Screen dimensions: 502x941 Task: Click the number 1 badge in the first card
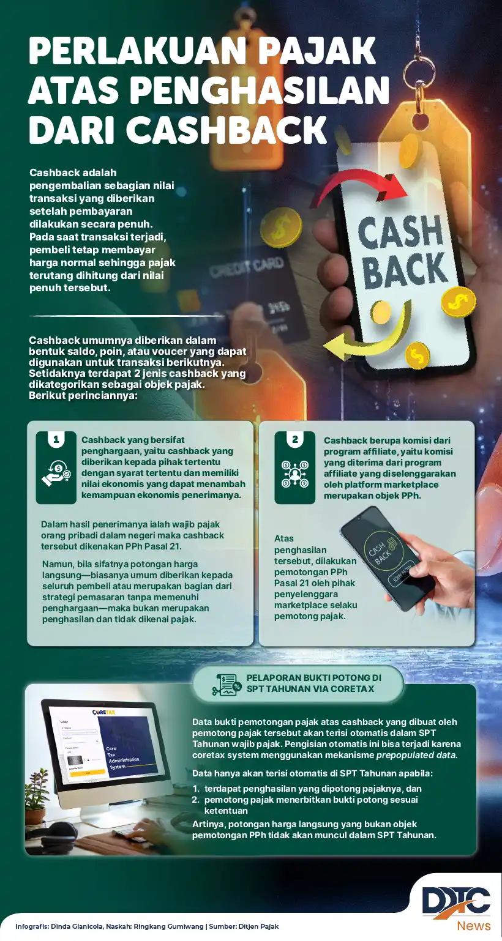tap(56, 440)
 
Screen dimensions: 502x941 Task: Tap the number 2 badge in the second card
tap(294, 440)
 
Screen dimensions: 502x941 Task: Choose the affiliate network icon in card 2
tap(294, 474)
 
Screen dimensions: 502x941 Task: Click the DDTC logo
tap(455, 899)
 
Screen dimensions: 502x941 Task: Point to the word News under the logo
tap(474, 926)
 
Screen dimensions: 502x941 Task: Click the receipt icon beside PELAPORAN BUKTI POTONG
tap(226, 685)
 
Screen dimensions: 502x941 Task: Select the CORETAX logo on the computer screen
tap(103, 712)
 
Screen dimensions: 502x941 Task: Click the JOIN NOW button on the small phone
tap(402, 573)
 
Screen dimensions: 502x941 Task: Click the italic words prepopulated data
tap(416, 755)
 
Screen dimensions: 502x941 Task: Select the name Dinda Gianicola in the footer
tap(77, 926)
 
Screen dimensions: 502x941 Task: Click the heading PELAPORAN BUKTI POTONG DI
tap(313, 677)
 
